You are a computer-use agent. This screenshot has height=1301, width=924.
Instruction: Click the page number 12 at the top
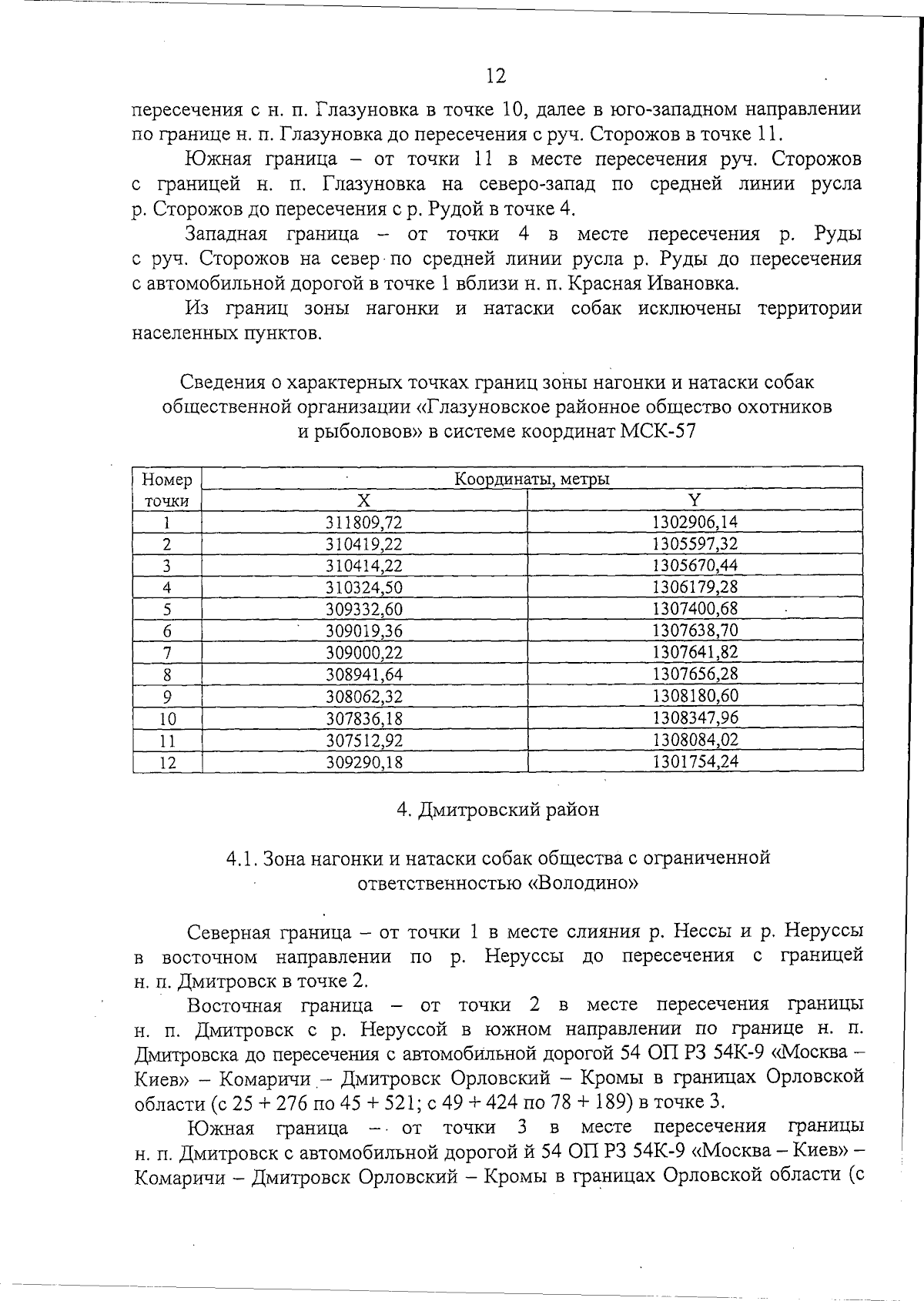tap(496, 75)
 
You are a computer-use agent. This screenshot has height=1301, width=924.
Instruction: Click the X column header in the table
tap(364, 500)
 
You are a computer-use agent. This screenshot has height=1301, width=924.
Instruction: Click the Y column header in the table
tap(695, 500)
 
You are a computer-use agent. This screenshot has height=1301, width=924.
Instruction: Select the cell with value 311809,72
tap(364, 523)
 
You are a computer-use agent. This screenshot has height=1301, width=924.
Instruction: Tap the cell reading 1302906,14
tap(695, 523)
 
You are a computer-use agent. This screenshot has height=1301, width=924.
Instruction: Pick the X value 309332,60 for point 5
tap(364, 609)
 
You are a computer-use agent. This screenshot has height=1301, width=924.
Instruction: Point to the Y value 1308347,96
tap(695, 718)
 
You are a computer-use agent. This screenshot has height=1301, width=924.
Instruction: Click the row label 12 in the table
tap(167, 762)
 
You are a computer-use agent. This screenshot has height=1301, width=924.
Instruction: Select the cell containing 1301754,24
tap(695, 762)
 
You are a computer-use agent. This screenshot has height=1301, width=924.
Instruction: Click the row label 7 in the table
tap(167, 654)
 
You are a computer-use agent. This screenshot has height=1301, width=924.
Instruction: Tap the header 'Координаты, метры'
tap(531, 479)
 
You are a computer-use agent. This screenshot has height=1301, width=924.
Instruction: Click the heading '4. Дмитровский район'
tap(497, 810)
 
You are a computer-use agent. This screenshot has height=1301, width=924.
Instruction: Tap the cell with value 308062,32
tap(364, 697)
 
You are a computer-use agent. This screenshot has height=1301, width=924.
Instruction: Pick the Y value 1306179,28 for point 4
tap(695, 587)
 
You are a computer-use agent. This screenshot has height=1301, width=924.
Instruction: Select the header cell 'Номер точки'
tap(167, 490)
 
